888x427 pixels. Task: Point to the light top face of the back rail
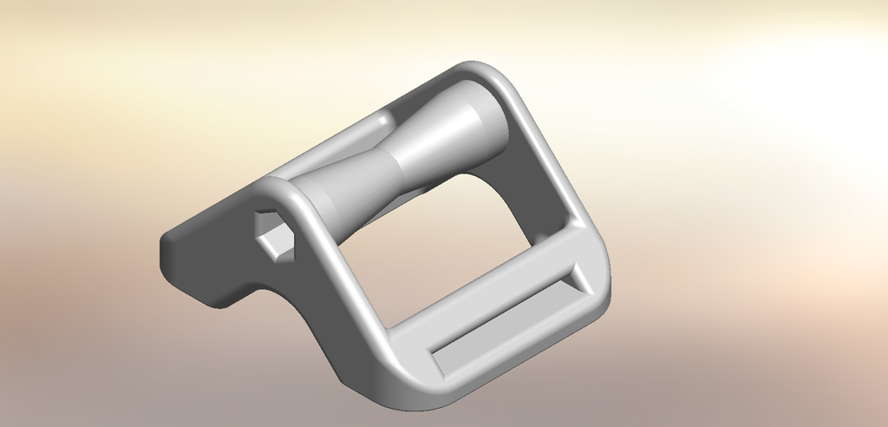[321, 156]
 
